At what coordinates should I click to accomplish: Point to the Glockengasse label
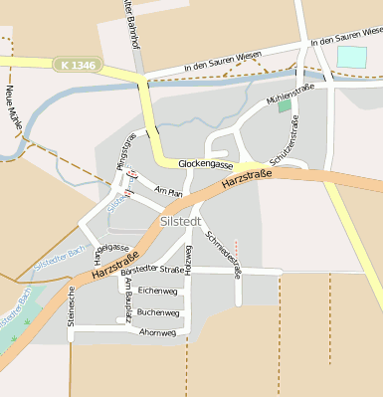(x=205, y=163)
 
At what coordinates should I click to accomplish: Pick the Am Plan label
(x=169, y=191)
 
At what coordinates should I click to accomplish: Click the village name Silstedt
(x=180, y=222)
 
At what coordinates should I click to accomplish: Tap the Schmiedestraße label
(x=223, y=254)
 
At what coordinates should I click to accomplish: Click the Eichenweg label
(x=157, y=291)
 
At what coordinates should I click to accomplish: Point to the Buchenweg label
(x=157, y=311)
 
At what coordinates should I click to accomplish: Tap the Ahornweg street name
(x=157, y=331)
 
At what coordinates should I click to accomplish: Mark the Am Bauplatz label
(x=128, y=298)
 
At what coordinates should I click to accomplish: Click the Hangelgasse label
(x=108, y=249)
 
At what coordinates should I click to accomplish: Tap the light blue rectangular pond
(x=351, y=57)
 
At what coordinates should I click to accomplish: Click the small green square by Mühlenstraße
(x=285, y=104)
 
